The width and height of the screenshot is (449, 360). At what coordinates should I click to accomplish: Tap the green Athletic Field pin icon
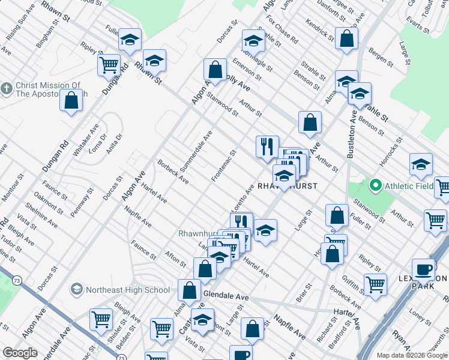click(376, 185)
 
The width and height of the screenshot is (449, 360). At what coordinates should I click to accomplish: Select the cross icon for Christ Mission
click(6, 89)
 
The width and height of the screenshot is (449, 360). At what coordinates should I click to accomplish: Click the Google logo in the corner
click(20, 353)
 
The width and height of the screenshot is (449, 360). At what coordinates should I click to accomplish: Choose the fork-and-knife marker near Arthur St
click(267, 146)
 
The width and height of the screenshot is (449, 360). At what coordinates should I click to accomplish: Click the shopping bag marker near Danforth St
click(347, 38)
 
